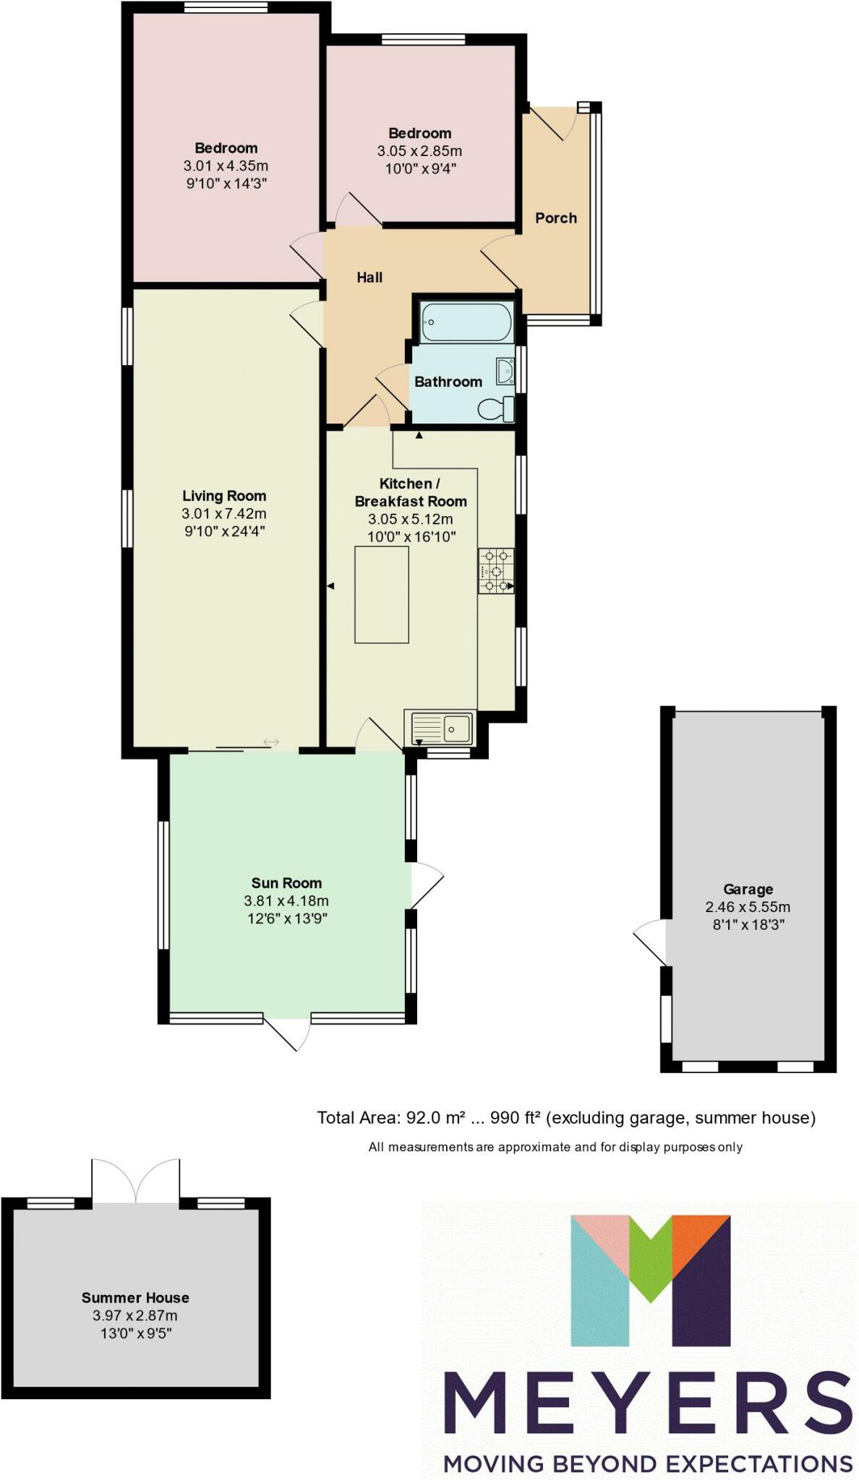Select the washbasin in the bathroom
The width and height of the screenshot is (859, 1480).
tap(505, 371)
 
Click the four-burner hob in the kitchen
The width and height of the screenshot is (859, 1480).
tap(496, 571)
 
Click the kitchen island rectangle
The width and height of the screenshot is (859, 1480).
tap(381, 594)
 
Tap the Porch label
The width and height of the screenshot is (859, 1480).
tap(556, 218)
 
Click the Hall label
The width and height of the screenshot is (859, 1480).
tap(369, 277)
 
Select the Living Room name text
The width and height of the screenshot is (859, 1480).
tap(224, 496)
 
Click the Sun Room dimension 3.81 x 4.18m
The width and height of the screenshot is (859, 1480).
tap(286, 900)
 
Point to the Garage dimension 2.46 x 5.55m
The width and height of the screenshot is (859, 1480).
tap(748, 907)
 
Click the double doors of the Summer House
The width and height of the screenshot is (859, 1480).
tap(135, 1181)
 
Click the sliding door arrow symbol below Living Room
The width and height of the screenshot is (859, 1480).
tap(271, 742)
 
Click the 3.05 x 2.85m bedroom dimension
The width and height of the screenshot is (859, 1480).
tap(419, 151)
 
